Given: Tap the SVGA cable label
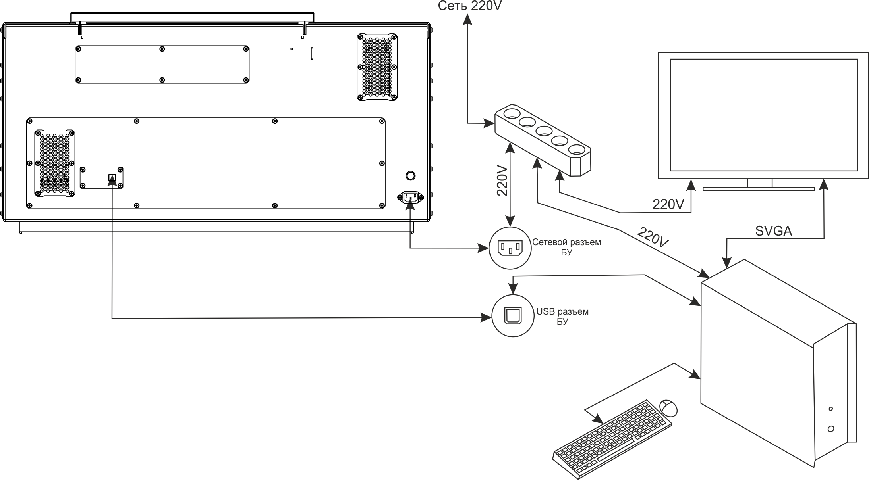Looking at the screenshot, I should [x=774, y=231].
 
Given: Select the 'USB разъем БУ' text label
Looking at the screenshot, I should [x=562, y=316].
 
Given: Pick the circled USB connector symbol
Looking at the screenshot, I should [x=512, y=316].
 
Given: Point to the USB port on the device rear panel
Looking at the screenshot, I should [x=112, y=177].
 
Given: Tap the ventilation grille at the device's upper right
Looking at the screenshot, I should [x=377, y=67].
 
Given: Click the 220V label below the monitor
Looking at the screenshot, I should [x=668, y=204].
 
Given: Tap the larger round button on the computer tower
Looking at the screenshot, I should [x=831, y=429].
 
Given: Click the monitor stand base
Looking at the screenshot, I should [x=759, y=189].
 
